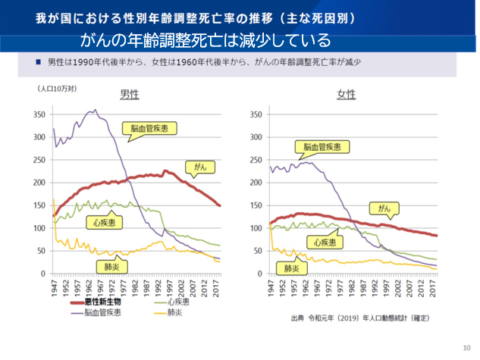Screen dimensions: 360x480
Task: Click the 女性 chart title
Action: point(347,95)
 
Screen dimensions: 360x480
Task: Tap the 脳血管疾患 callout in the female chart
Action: point(322,148)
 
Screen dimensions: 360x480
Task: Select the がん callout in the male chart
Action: point(196,166)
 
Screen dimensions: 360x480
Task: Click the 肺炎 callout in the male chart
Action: point(105,267)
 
